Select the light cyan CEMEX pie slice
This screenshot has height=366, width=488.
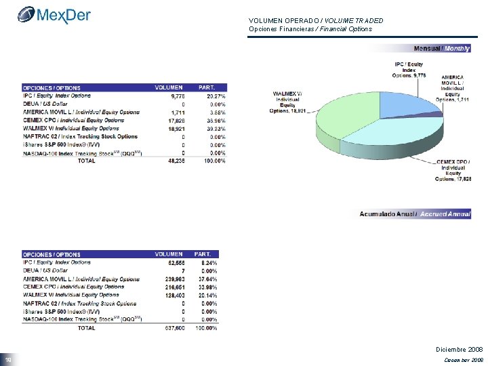click(x=400, y=139)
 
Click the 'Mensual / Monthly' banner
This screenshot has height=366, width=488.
click(x=441, y=48)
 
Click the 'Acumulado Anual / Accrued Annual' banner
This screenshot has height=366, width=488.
click(x=415, y=213)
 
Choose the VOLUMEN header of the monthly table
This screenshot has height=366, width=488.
click(x=169, y=87)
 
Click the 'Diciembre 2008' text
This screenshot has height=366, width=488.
click(x=459, y=349)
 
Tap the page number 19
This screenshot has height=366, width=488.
click(x=8, y=359)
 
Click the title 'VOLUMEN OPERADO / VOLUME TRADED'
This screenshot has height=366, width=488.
click(x=316, y=21)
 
